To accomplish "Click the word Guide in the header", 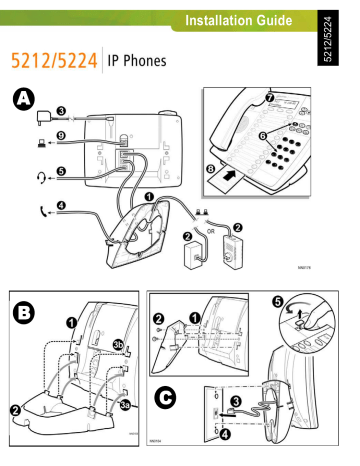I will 270,19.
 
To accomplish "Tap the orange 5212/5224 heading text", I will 55,62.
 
